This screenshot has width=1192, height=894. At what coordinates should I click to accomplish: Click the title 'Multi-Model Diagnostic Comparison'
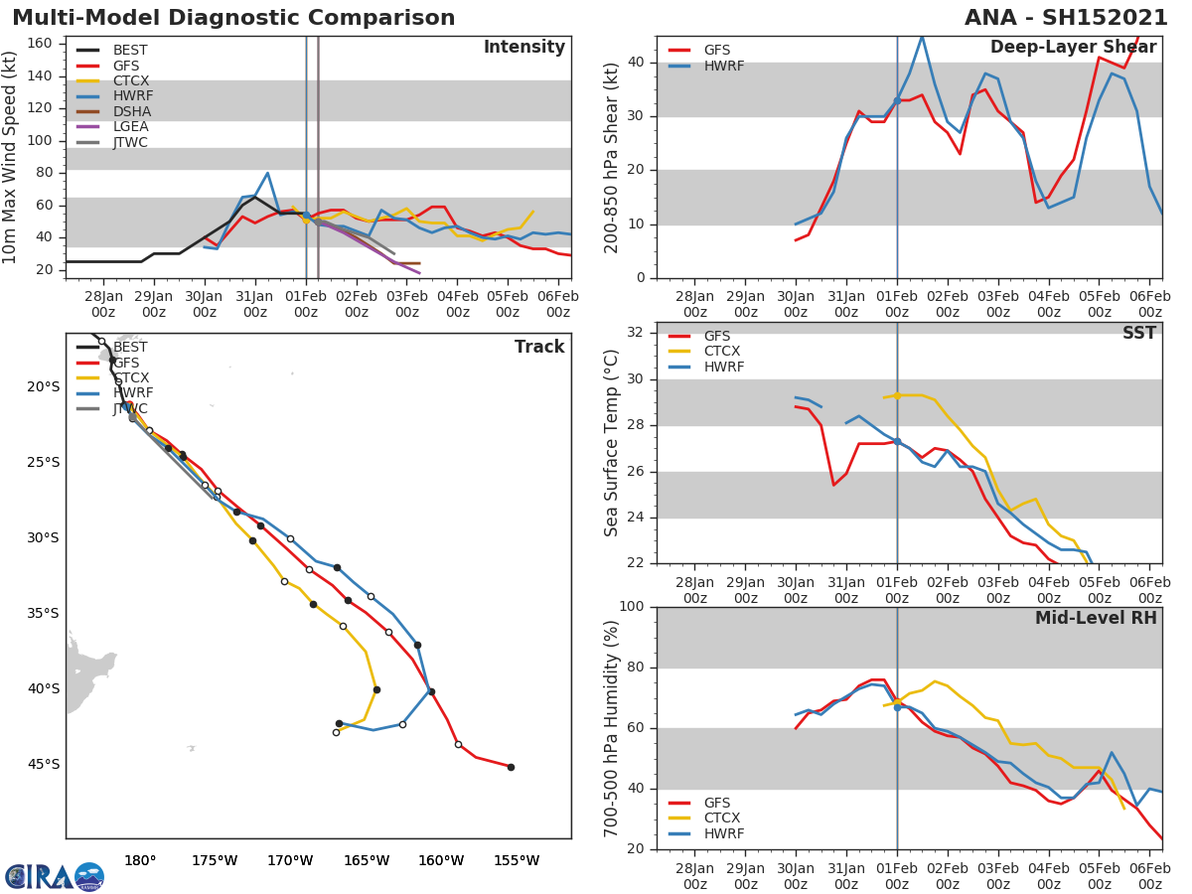click(233, 18)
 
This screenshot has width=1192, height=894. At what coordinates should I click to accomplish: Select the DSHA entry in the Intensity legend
click(130, 111)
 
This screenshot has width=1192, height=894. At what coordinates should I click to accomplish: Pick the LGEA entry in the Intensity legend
click(130, 126)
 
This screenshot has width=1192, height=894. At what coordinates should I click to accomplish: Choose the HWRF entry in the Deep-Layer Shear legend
click(722, 66)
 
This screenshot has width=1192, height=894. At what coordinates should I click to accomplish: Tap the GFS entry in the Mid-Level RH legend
click(716, 803)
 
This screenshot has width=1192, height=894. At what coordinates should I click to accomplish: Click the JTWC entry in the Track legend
click(130, 409)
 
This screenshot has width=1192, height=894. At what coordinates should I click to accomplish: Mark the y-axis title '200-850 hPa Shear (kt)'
click(612, 157)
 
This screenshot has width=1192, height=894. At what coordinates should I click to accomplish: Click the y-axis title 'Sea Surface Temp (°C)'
click(612, 442)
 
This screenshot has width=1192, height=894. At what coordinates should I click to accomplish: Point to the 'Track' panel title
click(538, 348)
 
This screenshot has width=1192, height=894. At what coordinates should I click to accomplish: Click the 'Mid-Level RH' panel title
click(1095, 619)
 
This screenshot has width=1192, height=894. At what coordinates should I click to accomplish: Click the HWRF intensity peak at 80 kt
click(267, 173)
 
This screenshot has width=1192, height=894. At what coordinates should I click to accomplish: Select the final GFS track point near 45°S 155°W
click(511, 767)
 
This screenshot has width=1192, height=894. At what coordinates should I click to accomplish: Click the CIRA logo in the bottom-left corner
click(55, 876)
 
